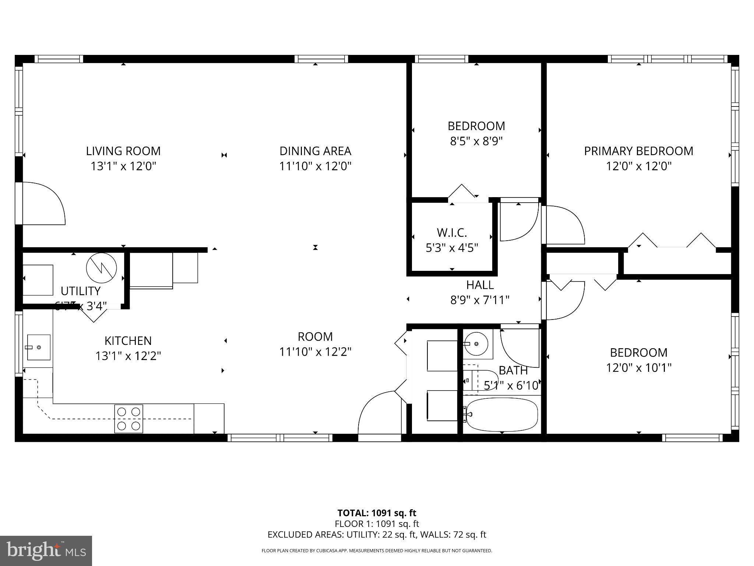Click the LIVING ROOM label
tap(123, 151)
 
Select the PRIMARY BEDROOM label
tap(638, 151)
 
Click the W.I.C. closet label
tap(452, 233)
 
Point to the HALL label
tap(480, 285)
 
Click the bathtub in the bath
tap(501, 415)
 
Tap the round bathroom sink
tap(476, 344)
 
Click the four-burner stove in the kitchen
tap(128, 419)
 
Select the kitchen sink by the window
tap(38, 347)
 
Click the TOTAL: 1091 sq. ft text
tap(377, 513)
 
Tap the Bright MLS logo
tap(46, 551)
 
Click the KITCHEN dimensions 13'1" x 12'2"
tap(128, 356)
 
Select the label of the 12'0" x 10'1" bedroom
tap(638, 353)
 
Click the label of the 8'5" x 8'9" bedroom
tap(476, 126)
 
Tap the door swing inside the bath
tap(519, 348)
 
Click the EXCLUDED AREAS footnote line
tap(377, 535)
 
